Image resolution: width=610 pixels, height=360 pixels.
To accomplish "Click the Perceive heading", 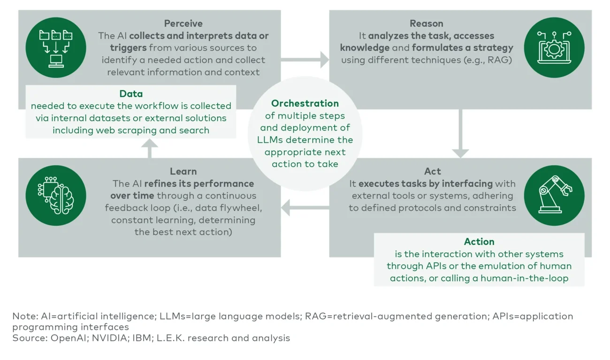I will (x=183, y=23).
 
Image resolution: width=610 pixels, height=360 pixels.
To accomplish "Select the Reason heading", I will (x=426, y=23).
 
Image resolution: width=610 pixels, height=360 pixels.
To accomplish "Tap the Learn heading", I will (x=183, y=171).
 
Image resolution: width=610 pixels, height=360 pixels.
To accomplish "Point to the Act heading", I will (x=432, y=171).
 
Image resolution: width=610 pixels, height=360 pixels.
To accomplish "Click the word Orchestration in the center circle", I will (x=305, y=103).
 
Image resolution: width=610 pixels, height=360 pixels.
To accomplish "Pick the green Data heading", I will (x=131, y=94).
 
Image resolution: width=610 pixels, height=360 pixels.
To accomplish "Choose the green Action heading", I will (x=479, y=242).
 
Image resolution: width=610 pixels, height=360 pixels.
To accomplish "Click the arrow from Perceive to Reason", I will (x=305, y=60).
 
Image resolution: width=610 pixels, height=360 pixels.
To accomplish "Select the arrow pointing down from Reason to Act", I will (x=460, y=134).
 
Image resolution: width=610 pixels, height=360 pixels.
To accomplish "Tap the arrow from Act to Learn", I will (x=305, y=207).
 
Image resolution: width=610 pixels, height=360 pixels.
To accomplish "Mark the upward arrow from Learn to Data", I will (x=149, y=149).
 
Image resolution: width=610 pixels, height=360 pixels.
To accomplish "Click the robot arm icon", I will (x=554, y=195).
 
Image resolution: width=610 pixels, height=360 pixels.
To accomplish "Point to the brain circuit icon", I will (x=56, y=195).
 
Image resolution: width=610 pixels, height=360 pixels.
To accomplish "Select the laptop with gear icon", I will (x=554, y=47).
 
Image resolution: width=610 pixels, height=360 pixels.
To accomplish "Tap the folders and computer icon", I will (x=56, y=47).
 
